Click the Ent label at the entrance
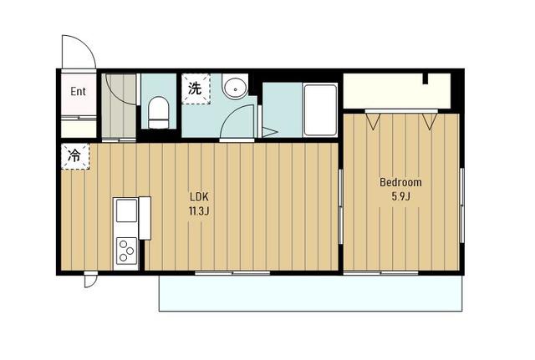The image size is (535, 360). [78, 91]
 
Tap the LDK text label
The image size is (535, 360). [199, 196]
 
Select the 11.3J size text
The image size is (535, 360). [199, 211]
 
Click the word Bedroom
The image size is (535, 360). [400, 182]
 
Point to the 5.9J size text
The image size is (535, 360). [400, 196]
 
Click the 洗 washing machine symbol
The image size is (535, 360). [196, 89]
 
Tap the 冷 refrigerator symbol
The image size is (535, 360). [75, 156]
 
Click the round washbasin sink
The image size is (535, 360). [235, 89]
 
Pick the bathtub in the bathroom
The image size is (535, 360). [320, 110]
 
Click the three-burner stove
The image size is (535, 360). [126, 251]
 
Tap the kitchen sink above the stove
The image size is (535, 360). [126, 210]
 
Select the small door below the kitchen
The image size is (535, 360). [91, 281]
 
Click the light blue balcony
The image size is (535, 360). [310, 293]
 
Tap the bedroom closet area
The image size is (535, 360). [397, 91]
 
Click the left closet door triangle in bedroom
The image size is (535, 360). [373, 121]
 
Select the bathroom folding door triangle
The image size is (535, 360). [269, 132]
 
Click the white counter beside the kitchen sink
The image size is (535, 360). [145, 218]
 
